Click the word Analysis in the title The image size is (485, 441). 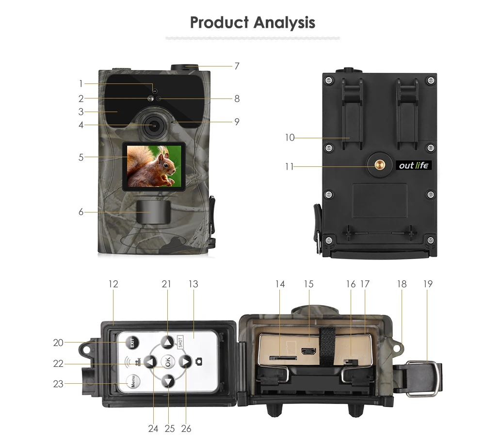pyautogui.click(x=284, y=23)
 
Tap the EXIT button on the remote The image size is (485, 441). pyautogui.click(x=132, y=343)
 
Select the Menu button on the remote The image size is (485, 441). pyautogui.click(x=133, y=381)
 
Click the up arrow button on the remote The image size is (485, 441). pyautogui.click(x=168, y=343)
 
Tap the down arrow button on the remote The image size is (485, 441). pyautogui.click(x=168, y=381)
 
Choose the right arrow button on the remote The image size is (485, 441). pyautogui.click(x=186, y=361)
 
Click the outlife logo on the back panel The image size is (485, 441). pyautogui.click(x=414, y=165)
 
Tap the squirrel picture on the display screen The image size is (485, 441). pyautogui.click(x=154, y=166)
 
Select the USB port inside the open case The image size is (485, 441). pyautogui.click(x=308, y=352)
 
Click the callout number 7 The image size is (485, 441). pyautogui.click(x=237, y=66)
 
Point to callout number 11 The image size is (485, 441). pyautogui.click(x=289, y=167)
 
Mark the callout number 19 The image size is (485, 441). pyautogui.click(x=428, y=284)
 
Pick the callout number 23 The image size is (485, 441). pyautogui.click(x=58, y=384)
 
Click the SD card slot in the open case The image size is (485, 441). pyautogui.click(x=283, y=358)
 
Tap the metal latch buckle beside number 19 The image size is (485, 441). pyautogui.click(x=423, y=378)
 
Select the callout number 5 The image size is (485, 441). pyautogui.click(x=81, y=157)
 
